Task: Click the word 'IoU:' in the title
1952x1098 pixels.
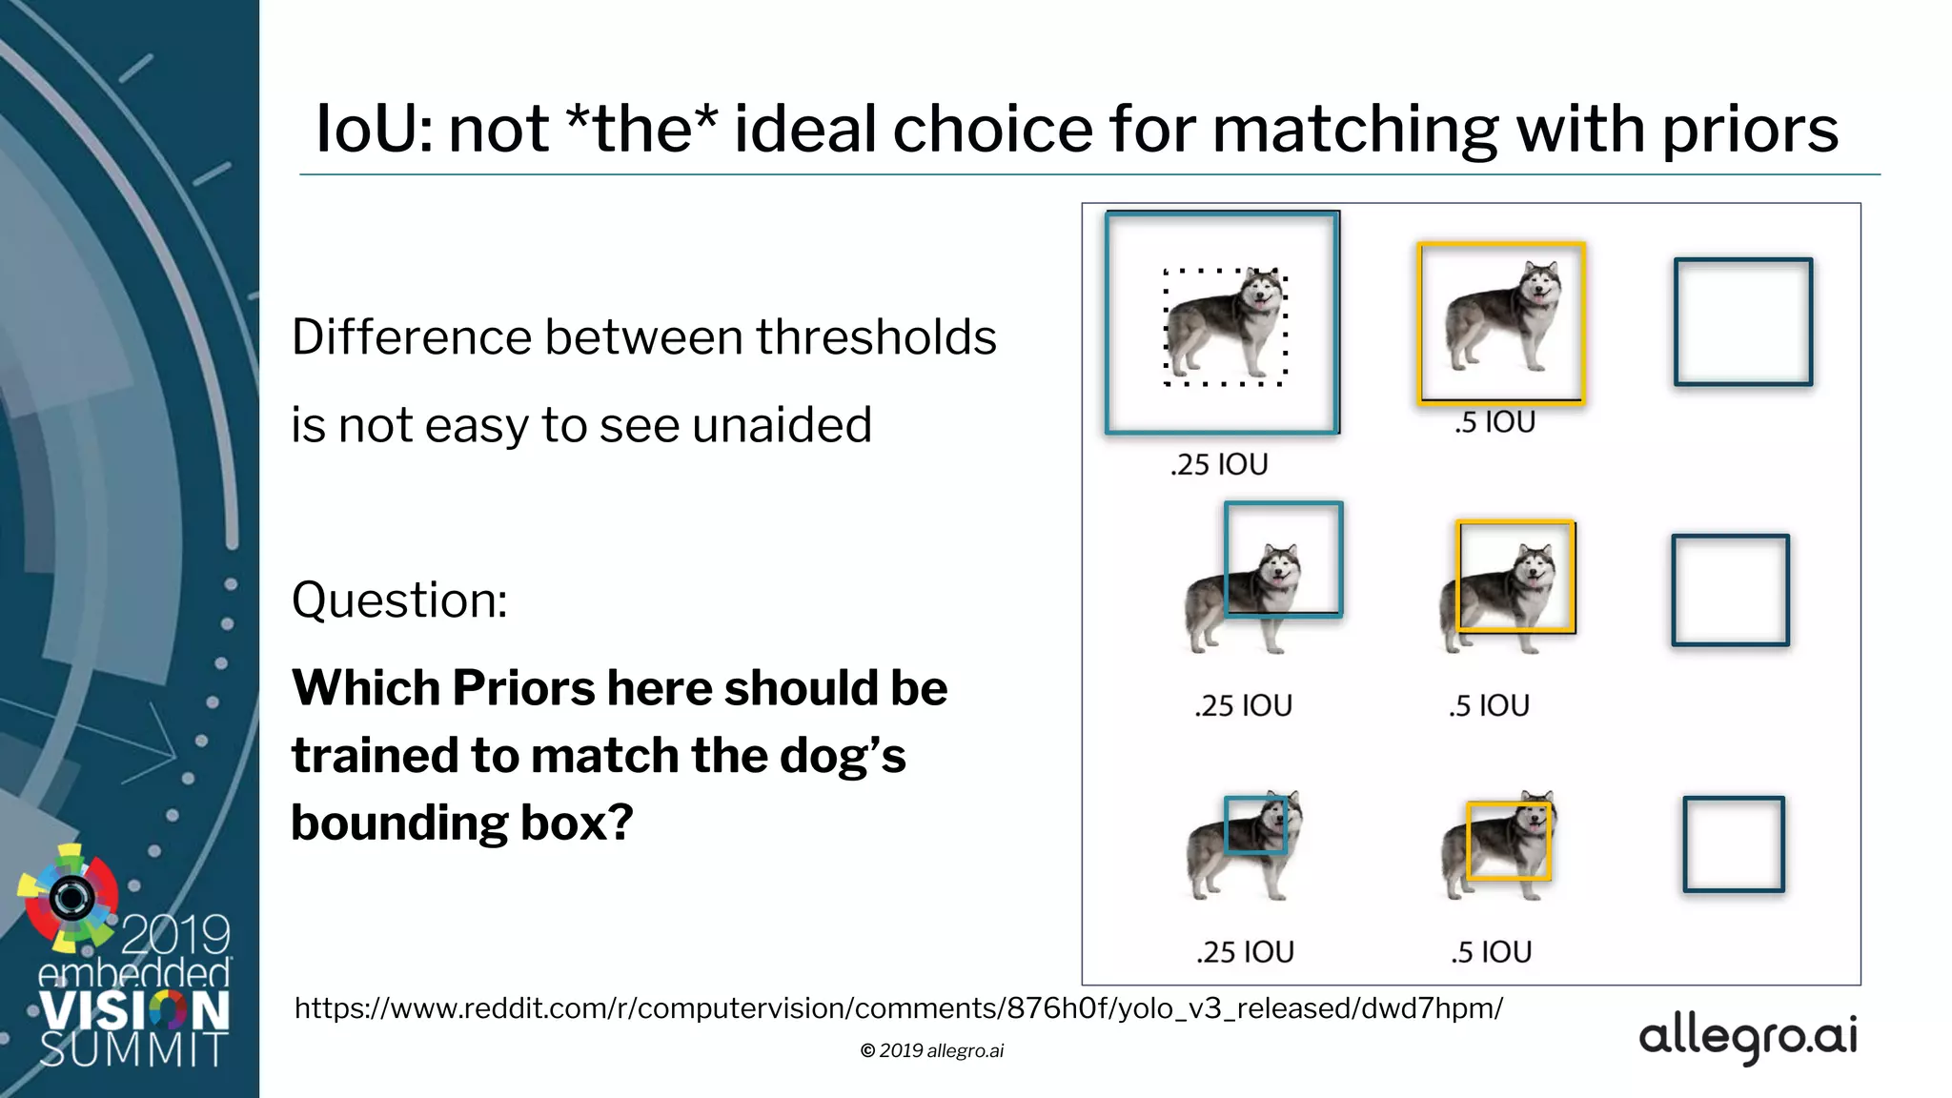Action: click(x=373, y=130)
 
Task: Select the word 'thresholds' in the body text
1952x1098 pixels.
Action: click(x=876, y=337)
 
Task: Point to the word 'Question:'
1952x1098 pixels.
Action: click(x=399, y=600)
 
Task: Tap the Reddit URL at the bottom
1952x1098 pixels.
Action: click(x=898, y=1008)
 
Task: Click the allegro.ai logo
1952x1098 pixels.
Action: click(x=1748, y=1037)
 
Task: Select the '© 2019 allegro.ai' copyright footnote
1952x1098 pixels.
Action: click(x=931, y=1050)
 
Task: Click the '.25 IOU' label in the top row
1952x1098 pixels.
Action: click(x=1219, y=465)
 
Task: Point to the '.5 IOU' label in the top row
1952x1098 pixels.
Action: click(x=1494, y=422)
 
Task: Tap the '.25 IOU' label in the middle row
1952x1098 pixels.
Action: click(x=1243, y=706)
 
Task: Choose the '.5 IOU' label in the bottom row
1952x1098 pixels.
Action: click(x=1491, y=952)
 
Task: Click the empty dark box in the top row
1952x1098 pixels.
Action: click(x=1743, y=322)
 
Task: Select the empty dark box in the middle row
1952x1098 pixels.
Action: click(x=1730, y=591)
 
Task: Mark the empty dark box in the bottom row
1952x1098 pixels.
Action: click(x=1733, y=844)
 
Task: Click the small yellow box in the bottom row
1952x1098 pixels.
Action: click(x=1509, y=841)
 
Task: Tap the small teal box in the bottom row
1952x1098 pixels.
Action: click(x=1255, y=824)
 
